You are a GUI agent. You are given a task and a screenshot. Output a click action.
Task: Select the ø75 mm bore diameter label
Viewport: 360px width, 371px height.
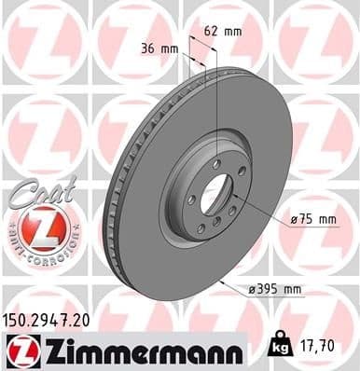(x=312, y=219)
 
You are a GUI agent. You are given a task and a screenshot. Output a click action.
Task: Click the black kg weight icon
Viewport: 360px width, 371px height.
(x=279, y=346)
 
